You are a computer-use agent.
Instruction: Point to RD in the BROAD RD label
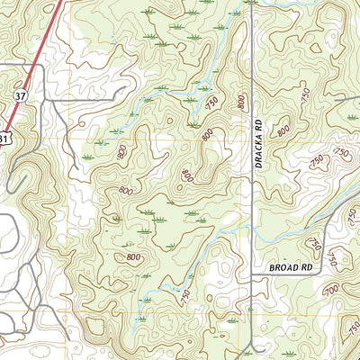coord(305,268)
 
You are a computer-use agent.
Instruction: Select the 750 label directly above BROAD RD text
coord(312,244)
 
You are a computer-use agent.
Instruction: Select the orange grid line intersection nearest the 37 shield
coord(65,141)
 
